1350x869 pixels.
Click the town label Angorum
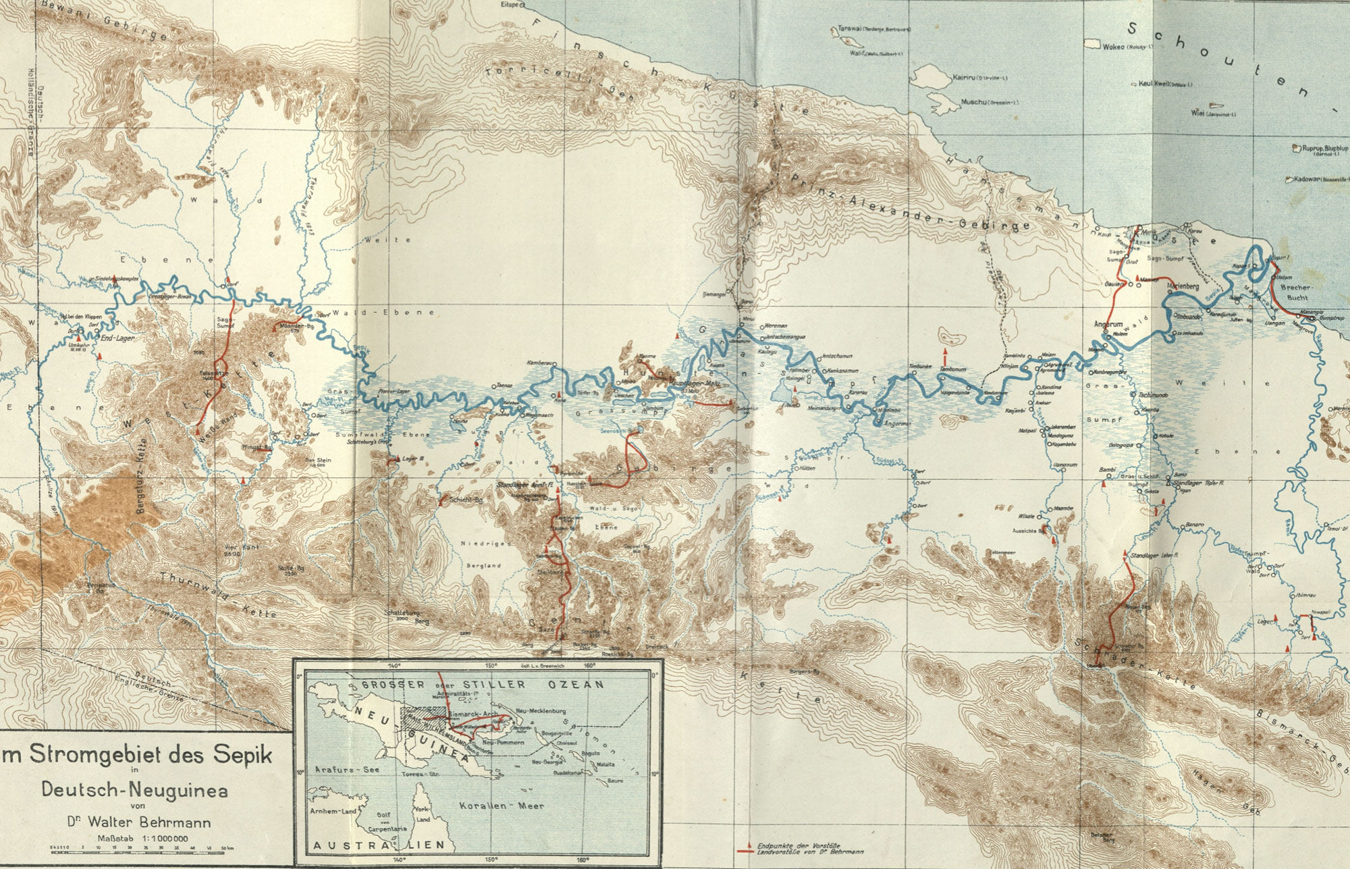[x=1107, y=325]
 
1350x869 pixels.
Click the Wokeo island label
[x=1113, y=47]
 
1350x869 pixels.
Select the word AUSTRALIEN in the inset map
[x=378, y=845]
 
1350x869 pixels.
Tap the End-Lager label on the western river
[x=117, y=338]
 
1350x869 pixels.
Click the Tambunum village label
[x=952, y=370]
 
